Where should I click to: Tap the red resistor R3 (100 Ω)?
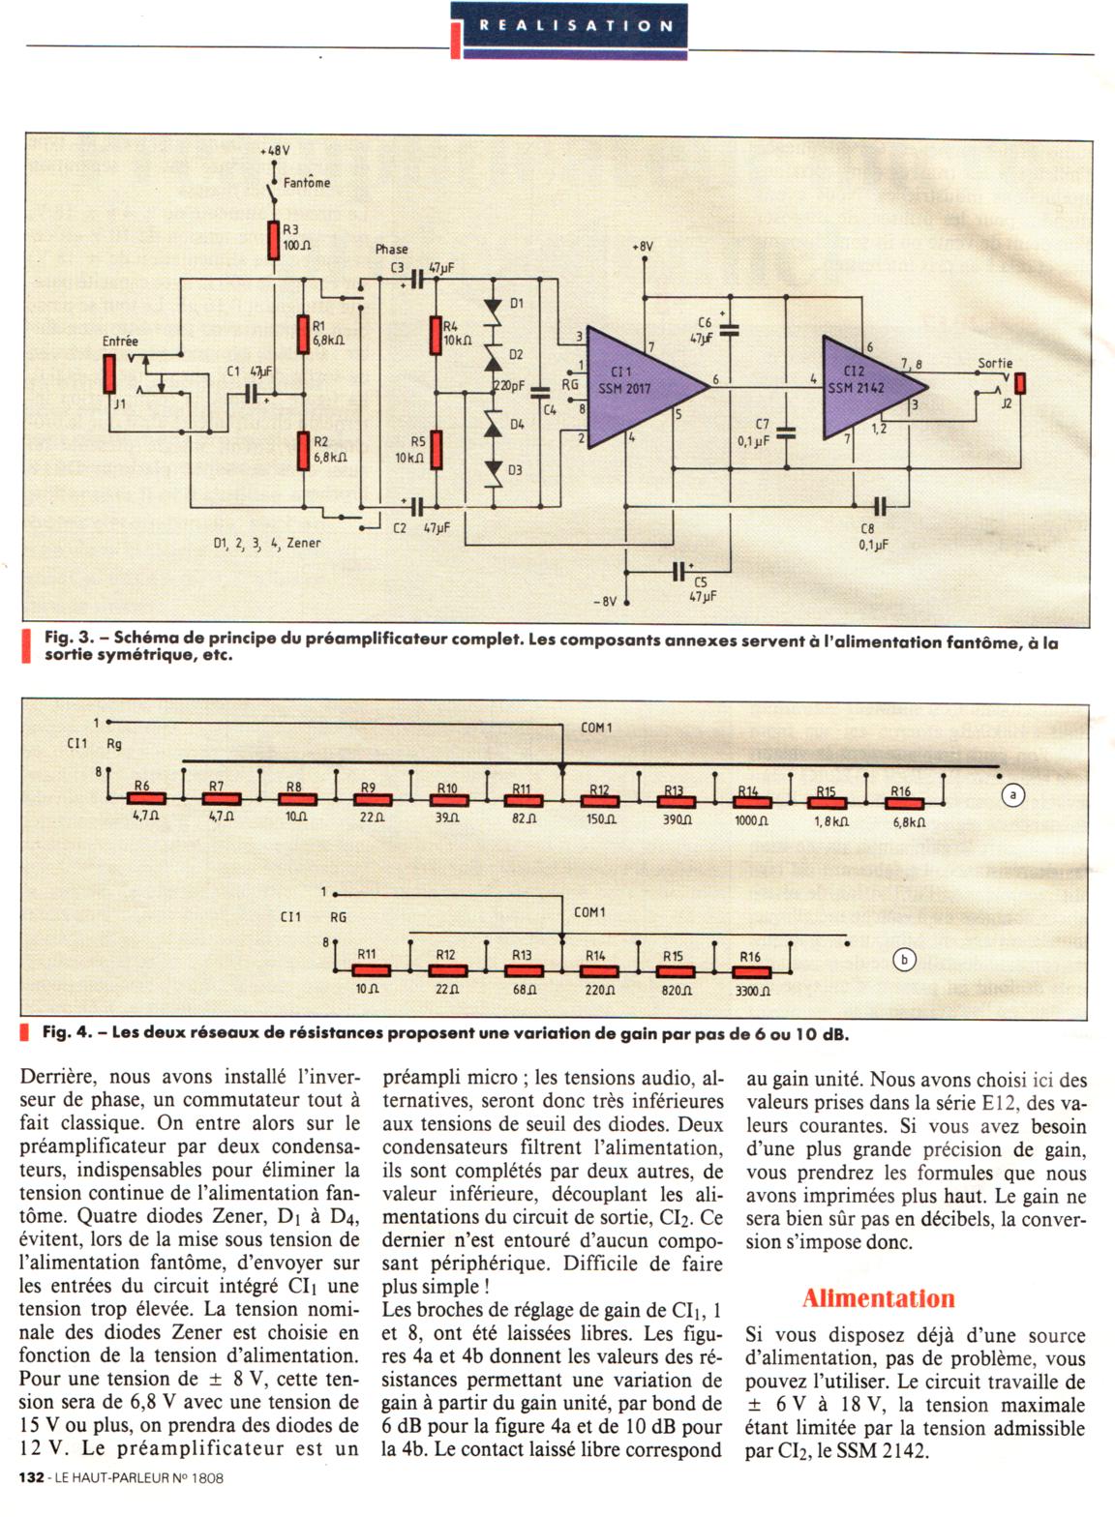pos(274,241)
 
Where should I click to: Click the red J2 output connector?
pos(1019,383)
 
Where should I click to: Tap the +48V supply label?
pos(275,151)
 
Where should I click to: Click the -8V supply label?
pos(603,602)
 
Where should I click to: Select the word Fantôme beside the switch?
pos(307,182)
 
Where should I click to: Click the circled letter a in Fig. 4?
pos(1012,795)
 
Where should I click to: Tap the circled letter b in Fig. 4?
pos(904,960)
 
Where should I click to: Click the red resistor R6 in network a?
pos(146,798)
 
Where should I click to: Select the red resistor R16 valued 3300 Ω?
pos(752,970)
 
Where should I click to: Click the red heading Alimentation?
pos(879,1298)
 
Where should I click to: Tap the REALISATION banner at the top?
pos(576,26)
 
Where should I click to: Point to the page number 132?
pos(32,1477)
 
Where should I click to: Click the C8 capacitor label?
pos(866,529)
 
